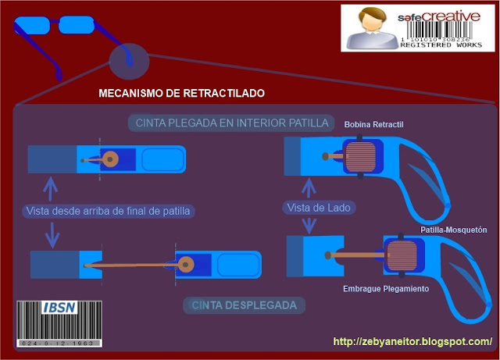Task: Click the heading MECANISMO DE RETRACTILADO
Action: point(181,93)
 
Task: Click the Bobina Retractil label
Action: point(376,124)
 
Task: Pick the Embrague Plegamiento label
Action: point(385,289)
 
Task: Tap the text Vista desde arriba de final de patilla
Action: point(109,210)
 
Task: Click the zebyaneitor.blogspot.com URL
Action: point(412,341)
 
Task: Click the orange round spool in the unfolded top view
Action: point(187,264)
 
